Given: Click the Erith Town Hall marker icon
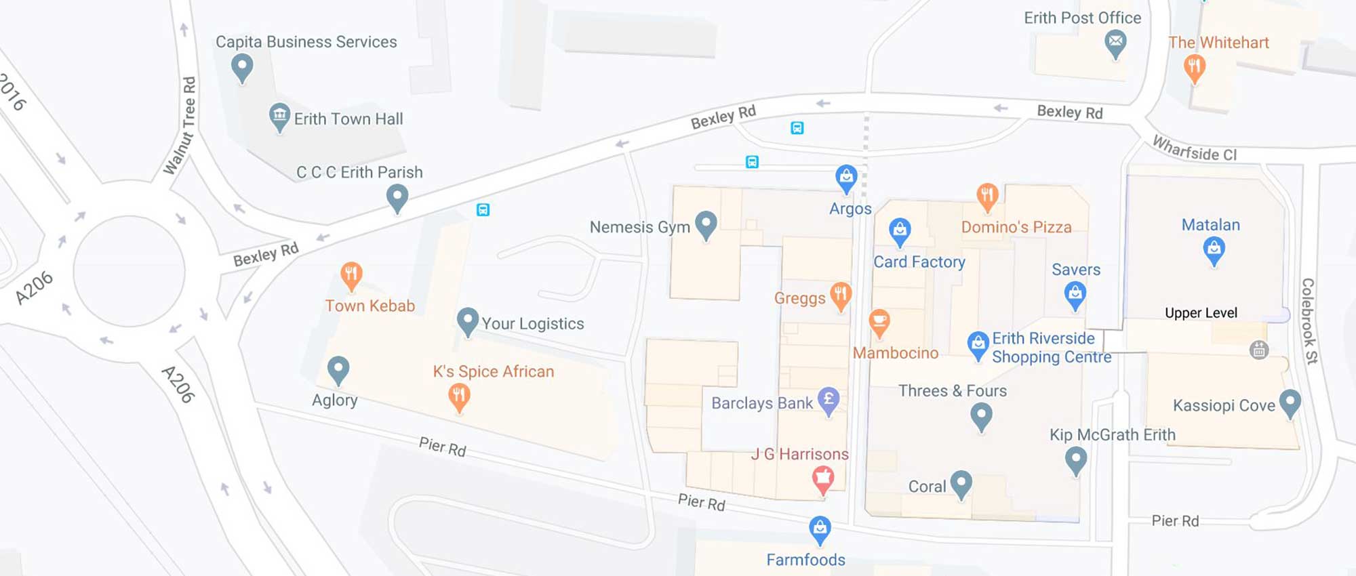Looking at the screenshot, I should pyautogui.click(x=279, y=117).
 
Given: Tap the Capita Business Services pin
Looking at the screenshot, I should pyautogui.click(x=242, y=67).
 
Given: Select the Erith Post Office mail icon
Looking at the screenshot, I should pyautogui.click(x=1115, y=43).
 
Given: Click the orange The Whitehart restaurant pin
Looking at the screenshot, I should pyautogui.click(x=1194, y=67).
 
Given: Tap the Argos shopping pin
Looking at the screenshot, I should pyautogui.click(x=846, y=178).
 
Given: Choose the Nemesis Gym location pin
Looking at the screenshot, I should pyautogui.click(x=706, y=224).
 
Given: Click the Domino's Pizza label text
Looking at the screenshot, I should pyautogui.click(x=1016, y=227).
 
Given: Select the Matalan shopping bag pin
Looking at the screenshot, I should pyautogui.click(x=1214, y=250).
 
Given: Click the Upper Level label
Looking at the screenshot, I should pyautogui.click(x=1201, y=313).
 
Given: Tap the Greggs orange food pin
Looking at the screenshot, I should pyautogui.click(x=841, y=295).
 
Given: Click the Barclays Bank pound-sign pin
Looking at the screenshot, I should pyautogui.click(x=829, y=400).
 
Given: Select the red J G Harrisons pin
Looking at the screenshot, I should pyautogui.click(x=823, y=478).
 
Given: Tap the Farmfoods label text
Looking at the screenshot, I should pyautogui.click(x=805, y=560).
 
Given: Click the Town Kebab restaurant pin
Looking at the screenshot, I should pyautogui.click(x=351, y=274).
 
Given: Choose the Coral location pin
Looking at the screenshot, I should pyautogui.click(x=961, y=484).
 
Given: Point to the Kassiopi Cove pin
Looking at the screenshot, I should pyautogui.click(x=1290, y=402).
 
